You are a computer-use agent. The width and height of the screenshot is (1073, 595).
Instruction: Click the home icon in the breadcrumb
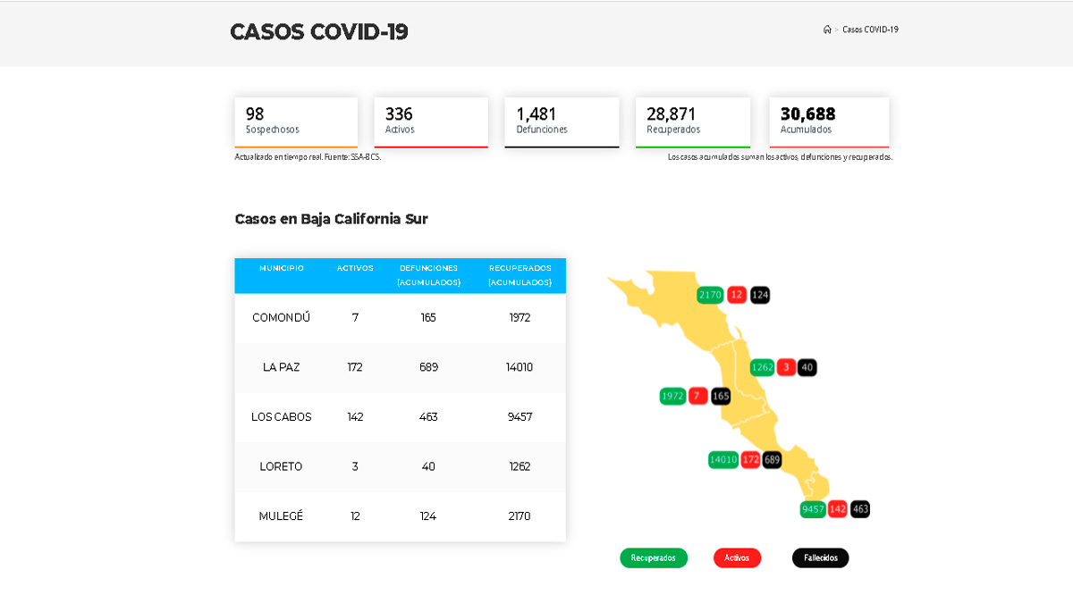coord(827,29)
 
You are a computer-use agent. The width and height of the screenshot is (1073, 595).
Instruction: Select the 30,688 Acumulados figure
coord(807,114)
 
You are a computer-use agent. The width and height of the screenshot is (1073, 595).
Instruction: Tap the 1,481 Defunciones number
coord(536,114)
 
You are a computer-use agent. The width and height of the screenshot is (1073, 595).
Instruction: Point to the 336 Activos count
coord(399,114)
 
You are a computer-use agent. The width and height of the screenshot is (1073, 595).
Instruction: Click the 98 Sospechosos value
coord(255,114)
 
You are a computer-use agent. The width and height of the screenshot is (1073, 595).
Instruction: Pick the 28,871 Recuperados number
coord(671,114)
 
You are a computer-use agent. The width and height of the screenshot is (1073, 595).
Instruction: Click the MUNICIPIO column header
coord(282,268)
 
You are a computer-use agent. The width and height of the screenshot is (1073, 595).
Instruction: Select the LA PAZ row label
coord(282,367)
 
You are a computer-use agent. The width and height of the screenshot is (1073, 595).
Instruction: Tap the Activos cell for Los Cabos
coord(355,417)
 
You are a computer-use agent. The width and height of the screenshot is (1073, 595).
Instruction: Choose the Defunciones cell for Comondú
coord(428,317)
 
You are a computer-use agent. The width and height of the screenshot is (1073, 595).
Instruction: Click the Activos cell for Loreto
coord(355,466)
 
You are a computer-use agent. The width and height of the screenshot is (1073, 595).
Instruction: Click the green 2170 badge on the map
coord(710,295)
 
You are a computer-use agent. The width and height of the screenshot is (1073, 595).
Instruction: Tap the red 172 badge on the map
coord(750,460)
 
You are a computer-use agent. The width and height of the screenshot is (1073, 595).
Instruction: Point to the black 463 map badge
coord(860,509)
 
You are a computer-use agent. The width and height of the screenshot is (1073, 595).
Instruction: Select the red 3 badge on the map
coord(786,367)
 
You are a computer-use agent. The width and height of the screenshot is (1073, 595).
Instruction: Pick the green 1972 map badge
coord(672,396)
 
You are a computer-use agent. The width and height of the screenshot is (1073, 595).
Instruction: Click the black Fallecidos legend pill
coord(820,557)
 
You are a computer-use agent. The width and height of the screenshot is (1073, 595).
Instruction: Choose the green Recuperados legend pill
coord(654,557)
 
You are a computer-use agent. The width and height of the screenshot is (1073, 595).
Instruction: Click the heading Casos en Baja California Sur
coord(331,219)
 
